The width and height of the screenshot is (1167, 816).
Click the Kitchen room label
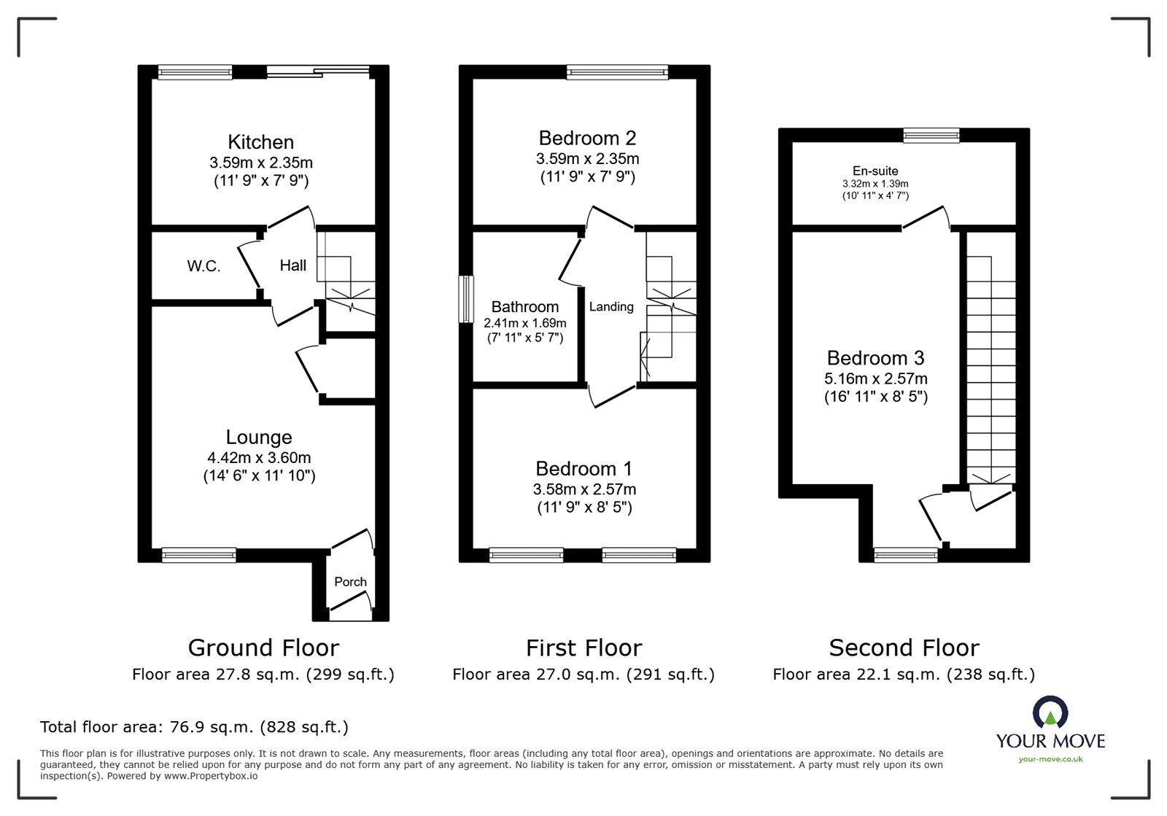click(260, 142)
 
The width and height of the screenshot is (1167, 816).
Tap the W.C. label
click(203, 267)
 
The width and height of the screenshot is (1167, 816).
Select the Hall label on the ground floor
click(292, 265)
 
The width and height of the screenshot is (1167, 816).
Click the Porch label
click(350, 582)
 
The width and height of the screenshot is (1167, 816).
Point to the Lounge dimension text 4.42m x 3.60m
click(259, 458)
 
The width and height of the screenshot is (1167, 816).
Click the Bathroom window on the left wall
click(466, 300)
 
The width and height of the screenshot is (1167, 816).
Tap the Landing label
click(611, 307)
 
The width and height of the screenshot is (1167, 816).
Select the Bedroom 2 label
click(587, 138)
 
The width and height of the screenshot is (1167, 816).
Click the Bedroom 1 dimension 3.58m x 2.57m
click(584, 489)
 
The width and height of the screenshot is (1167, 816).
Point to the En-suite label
click(875, 171)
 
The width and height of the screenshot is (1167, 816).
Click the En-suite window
click(931, 136)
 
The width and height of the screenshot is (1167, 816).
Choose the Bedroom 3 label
click(875, 358)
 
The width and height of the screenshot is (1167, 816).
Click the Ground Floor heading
click(263, 648)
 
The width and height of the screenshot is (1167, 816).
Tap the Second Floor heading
click(904, 648)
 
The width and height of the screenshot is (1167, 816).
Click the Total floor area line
click(194, 727)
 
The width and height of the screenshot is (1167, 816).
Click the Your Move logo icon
click(1050, 711)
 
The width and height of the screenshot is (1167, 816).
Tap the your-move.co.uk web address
click(1050, 759)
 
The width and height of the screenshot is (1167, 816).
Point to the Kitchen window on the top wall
click(195, 72)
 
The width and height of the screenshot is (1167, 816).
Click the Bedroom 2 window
click(617, 72)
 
